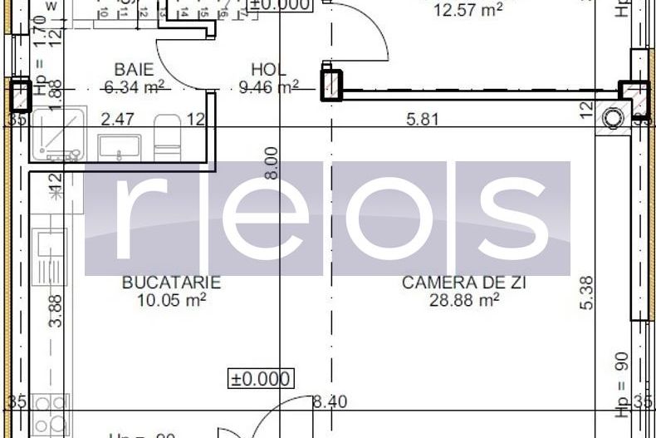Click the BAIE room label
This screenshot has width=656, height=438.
[134, 69]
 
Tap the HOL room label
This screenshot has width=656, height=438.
[268, 70]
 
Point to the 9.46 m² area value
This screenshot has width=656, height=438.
[268, 86]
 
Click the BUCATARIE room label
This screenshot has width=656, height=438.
[171, 283]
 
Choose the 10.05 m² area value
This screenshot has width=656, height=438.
[171, 299]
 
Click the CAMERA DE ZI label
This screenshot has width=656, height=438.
[463, 283]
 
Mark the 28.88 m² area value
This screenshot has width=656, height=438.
[463, 299]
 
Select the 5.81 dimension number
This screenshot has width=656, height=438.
[422, 120]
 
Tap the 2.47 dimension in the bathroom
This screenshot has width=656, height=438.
[117, 120]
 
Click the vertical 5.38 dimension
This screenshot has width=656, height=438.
[586, 293]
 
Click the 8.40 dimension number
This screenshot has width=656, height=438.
[330, 402]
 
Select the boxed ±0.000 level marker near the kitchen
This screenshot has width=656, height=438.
[260, 379]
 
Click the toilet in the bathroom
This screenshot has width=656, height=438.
[167, 138]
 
